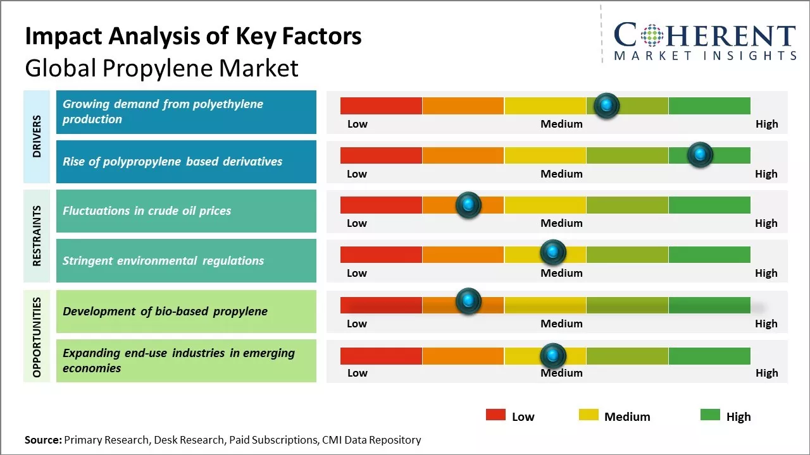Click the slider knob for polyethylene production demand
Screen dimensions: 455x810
pos(607,106)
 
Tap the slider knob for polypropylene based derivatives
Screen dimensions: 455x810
pos(700,155)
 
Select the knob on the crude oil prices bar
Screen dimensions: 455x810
pos(468,205)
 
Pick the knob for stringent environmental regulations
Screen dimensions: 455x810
pos(552,253)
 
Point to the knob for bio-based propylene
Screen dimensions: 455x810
pos(468,301)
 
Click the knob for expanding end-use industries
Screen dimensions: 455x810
pos(552,356)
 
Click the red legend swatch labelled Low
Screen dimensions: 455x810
pos(495,415)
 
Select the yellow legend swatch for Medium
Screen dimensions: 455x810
pos(589,415)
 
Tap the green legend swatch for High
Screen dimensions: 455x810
pos(710,415)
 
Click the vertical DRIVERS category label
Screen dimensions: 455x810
pos(37,136)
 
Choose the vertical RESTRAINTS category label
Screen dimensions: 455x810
pos(37,235)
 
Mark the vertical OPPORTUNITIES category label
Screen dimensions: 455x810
pos(37,337)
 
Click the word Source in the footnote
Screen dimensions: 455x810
pos(43,440)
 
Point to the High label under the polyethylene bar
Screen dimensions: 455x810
pos(766,124)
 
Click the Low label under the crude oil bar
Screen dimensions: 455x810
pos(357,223)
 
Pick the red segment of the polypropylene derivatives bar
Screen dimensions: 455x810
pos(381,155)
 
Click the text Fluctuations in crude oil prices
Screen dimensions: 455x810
pos(147,211)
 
